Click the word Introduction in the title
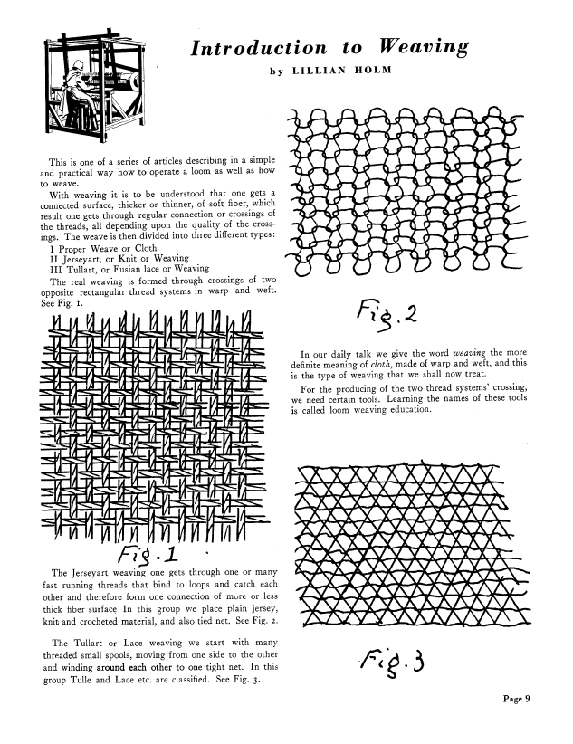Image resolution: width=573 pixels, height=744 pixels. click(x=257, y=48)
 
